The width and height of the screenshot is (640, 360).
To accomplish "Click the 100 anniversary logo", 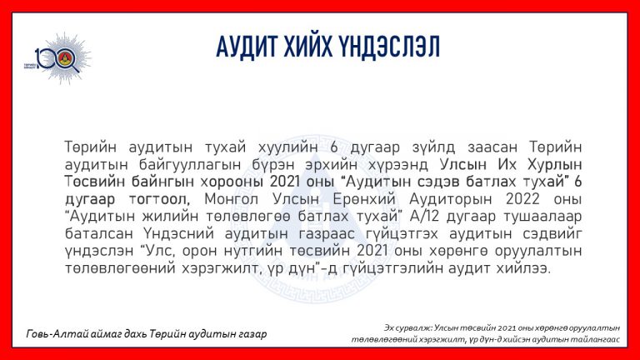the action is tap(58, 58).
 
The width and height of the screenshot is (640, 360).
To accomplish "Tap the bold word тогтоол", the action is tap(160, 200).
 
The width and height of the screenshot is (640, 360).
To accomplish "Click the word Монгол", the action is tap(232, 200).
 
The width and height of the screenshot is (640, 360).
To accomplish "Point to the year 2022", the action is tap(522, 199).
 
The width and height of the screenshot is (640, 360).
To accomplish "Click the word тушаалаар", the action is tap(542, 217).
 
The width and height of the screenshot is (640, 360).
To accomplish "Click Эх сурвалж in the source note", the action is tap(407, 327).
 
